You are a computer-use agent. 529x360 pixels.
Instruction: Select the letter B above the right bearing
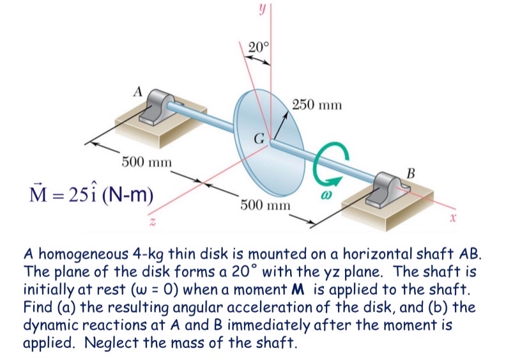410,171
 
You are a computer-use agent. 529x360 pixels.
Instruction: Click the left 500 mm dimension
147,160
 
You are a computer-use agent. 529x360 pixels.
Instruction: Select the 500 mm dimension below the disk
265,205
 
